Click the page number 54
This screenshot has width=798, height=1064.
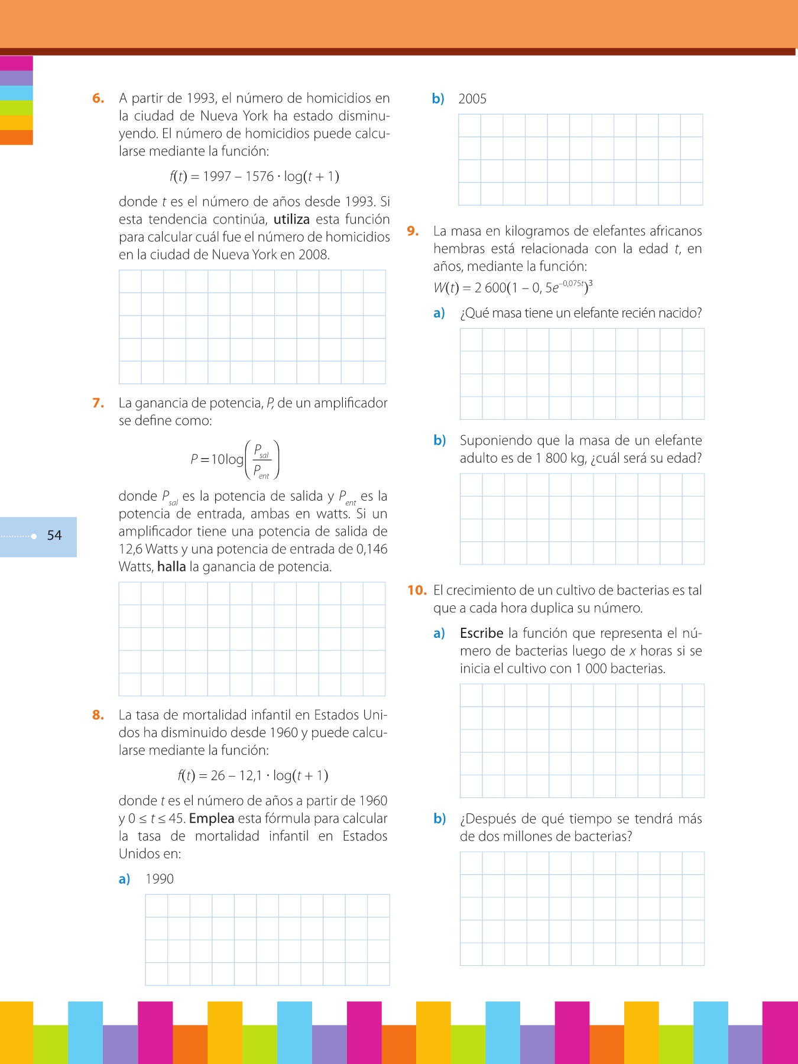coord(54,536)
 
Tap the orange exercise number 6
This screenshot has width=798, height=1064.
coord(98,99)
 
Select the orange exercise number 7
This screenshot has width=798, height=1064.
coord(98,403)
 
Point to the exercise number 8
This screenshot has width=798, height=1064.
coord(98,715)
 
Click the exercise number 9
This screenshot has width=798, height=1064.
coord(413,231)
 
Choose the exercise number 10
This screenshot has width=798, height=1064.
coord(417,590)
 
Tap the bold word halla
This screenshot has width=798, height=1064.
coord(171,567)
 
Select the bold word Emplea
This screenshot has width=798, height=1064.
coord(212,819)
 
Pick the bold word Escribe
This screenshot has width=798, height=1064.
coord(481,633)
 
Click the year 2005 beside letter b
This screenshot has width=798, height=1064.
coord(472,99)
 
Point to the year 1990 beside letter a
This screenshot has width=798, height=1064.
coord(160,879)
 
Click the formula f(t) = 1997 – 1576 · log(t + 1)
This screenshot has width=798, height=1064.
coord(254,176)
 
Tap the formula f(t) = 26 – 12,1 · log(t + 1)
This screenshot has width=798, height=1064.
coord(253,776)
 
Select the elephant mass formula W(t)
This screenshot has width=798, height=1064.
coord(512,287)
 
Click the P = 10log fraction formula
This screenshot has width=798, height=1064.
coord(235,459)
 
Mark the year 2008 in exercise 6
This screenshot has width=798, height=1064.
coord(313,255)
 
